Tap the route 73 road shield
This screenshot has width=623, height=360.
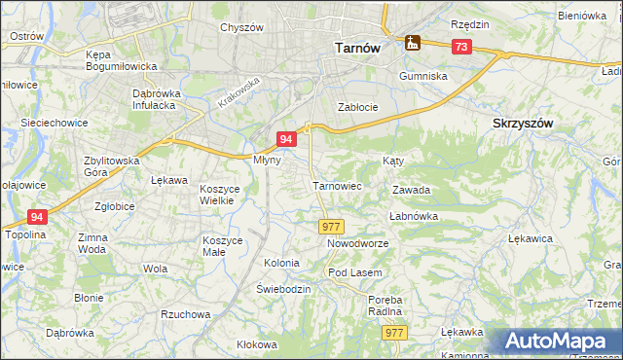click(460, 47)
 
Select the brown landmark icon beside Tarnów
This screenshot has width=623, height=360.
click(412, 43)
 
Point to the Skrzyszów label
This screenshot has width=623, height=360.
click(523, 124)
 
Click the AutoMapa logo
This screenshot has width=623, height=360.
click(559, 342)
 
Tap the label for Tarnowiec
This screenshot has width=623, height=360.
click(337, 185)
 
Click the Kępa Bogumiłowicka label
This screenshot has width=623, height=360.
click(122, 60)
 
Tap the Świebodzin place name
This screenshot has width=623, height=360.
click(283, 290)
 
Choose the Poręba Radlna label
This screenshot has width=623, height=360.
click(385, 306)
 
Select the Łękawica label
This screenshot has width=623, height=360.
click(531, 237)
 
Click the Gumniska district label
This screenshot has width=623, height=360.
click(422, 75)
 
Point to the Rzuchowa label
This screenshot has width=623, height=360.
click(185, 314)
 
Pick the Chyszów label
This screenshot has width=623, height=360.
click(241, 27)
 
